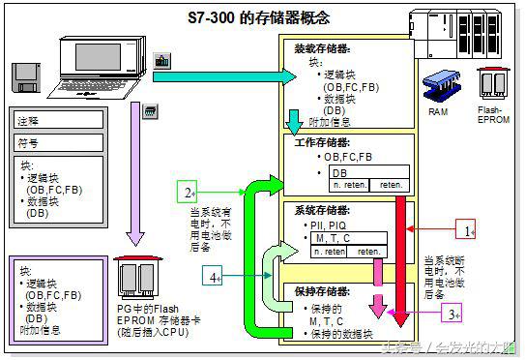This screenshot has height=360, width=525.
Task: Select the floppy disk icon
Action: pos(28,76)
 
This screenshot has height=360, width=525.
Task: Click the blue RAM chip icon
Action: pos(439,84)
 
